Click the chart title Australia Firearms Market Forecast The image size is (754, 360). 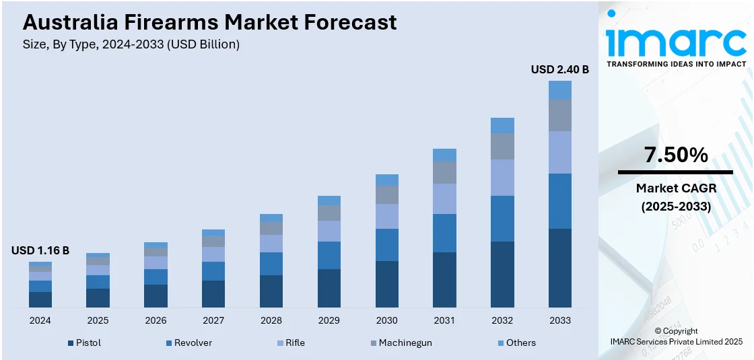pos(209,22)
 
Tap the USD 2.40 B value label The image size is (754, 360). pos(559,69)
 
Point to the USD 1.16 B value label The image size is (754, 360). pos(40,250)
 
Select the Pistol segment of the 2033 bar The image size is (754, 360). pos(559,268)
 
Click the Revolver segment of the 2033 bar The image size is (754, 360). pos(559,201)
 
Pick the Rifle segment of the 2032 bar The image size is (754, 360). pos(502,178)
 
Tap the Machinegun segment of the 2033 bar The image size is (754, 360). pos(559,116)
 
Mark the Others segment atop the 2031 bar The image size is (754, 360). pos(444,155)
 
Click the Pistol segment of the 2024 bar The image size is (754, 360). pos(40,299)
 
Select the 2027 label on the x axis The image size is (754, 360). pos(213,320)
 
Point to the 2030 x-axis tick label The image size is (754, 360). pos(386,320)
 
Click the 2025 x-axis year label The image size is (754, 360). pos(98,320)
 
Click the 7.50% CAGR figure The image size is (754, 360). pos(676,155)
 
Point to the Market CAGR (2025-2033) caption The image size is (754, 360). pos(676,197)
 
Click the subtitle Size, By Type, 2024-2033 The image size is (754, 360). pos(131,44)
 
